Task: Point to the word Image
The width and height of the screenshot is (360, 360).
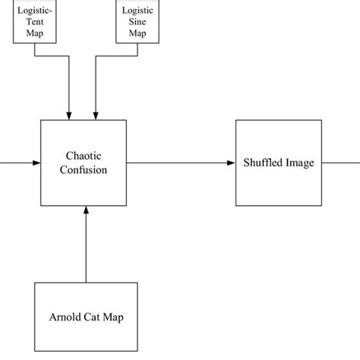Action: tap(298, 163)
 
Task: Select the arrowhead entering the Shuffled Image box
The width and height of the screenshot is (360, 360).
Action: tap(232, 163)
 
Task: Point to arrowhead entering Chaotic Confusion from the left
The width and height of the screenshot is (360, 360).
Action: tap(36, 163)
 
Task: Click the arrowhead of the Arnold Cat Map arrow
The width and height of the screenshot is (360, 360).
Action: tap(86, 210)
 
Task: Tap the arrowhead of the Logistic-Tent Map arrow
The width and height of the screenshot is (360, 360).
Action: tap(70, 115)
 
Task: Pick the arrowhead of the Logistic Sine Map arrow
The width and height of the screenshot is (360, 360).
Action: tap(96, 115)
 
